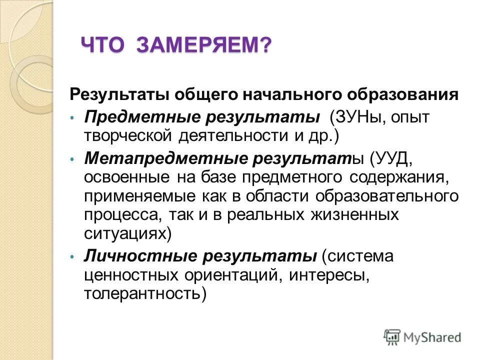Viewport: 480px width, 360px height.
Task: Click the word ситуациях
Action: [127, 232]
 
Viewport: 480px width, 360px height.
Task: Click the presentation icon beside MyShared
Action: [392, 336]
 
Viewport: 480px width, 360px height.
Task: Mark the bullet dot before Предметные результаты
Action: [72, 118]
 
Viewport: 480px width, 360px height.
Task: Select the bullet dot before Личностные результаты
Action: [72, 257]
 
